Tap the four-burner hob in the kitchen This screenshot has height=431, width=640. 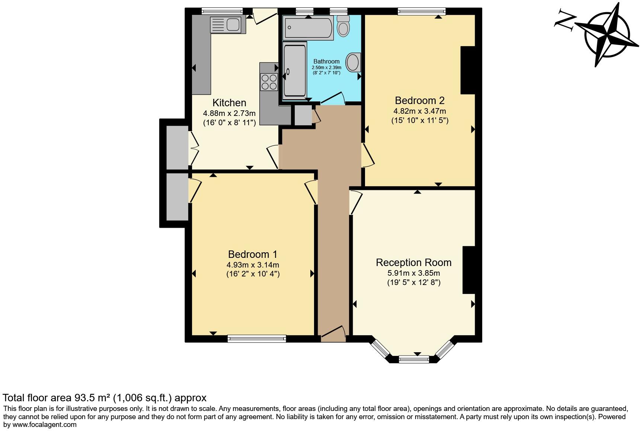pyautogui.click(x=269, y=82)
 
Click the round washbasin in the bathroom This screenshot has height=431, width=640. pyautogui.click(x=353, y=62)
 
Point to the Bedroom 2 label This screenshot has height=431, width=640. pyautogui.click(x=419, y=101)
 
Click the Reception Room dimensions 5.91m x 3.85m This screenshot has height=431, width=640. pyautogui.click(x=413, y=273)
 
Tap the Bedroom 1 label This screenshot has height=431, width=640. pyautogui.click(x=252, y=255)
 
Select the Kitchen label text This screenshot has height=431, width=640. pyautogui.click(x=229, y=103)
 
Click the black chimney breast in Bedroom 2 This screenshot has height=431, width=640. pyautogui.click(x=468, y=70)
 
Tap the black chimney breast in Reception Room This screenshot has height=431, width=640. pyautogui.click(x=469, y=270)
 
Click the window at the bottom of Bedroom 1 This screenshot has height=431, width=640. pyautogui.click(x=257, y=338)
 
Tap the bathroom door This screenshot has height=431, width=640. pyautogui.click(x=333, y=98)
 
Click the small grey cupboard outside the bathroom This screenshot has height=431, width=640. pyautogui.click(x=303, y=116)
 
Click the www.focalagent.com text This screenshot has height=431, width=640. pyautogui.click(x=45, y=425)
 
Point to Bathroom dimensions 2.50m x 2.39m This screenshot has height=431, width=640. pyautogui.click(x=326, y=68)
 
